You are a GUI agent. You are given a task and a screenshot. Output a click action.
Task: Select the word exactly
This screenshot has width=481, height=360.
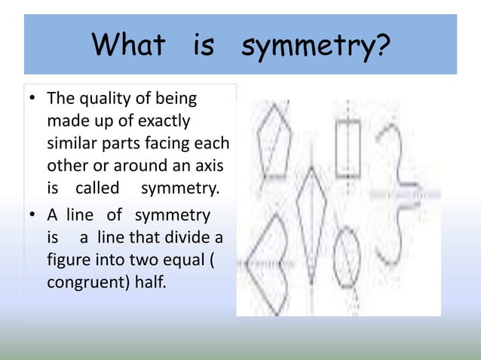coord(162,121)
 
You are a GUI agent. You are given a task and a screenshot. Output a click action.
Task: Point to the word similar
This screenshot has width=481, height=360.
coord(75,142)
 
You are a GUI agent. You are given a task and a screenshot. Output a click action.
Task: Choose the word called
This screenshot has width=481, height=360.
coord(97,185)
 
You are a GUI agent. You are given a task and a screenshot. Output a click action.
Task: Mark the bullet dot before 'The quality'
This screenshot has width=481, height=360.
coord(32,99)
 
